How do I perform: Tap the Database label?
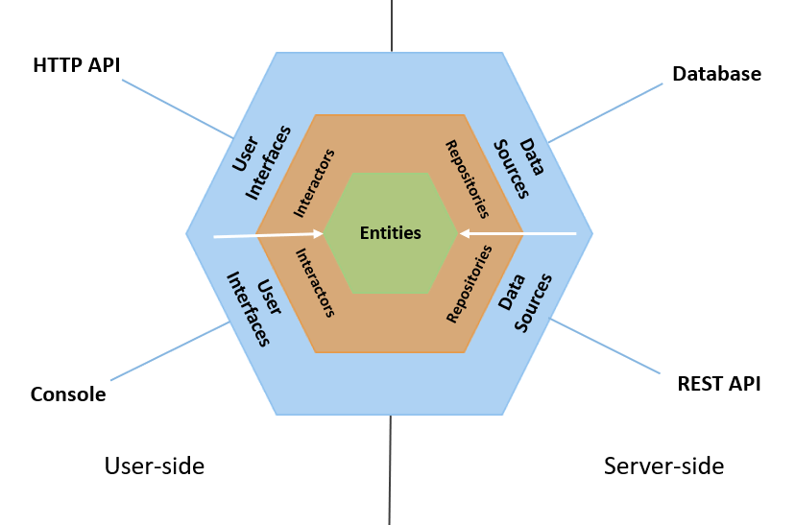[716, 74]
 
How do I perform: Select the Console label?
[68, 394]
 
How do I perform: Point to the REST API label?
[719, 384]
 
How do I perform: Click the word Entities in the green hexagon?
[390, 232]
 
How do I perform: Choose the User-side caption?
[155, 466]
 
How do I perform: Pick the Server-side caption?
[663, 466]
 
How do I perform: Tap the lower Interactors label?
[314, 283]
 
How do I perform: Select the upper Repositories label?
[468, 179]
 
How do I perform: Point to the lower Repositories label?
[470, 283]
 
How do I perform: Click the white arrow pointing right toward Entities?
[269, 233]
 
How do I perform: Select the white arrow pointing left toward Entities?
[518, 232]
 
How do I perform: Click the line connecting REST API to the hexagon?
[605, 346]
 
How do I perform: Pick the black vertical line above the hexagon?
[392, 25]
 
